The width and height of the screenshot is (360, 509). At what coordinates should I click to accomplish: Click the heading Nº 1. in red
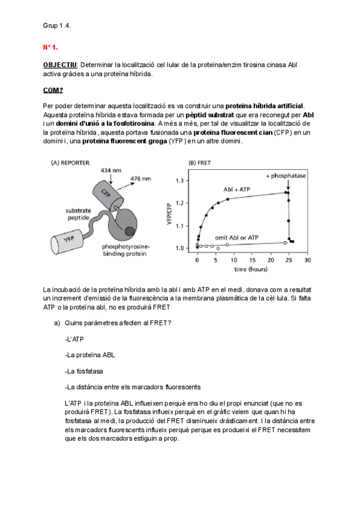pyautogui.click(x=50, y=46)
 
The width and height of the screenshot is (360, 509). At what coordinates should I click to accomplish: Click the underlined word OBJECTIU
pyautogui.click(x=61, y=65)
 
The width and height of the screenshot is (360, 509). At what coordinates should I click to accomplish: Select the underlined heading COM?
pyautogui.click(x=53, y=90)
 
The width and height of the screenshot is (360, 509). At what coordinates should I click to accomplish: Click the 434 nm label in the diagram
pyautogui.click(x=111, y=172)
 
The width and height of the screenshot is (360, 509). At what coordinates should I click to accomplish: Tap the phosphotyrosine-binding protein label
pyautogui.click(x=127, y=250)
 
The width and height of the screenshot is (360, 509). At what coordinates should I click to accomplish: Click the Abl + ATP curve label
pyautogui.click(x=236, y=190)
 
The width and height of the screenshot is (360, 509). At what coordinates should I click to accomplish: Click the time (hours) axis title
pyautogui.click(x=251, y=270)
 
